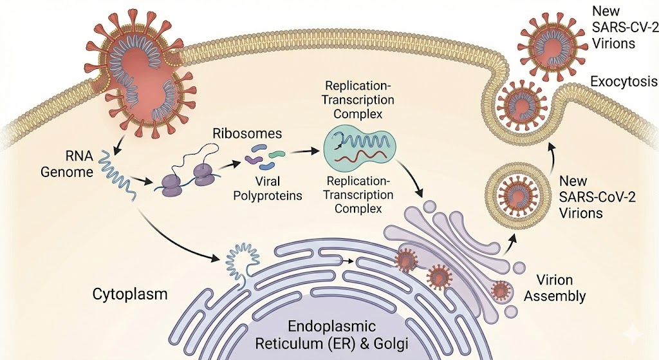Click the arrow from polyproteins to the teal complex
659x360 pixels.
pos(303,153)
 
